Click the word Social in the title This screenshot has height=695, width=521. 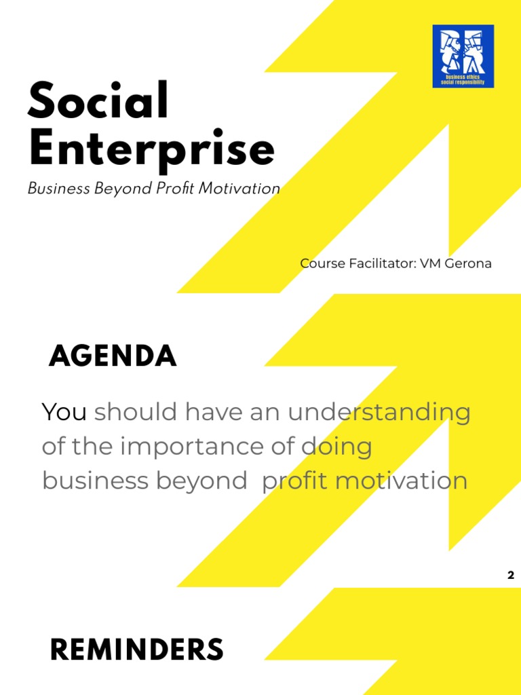coord(98,102)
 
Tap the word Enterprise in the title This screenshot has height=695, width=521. coord(151,150)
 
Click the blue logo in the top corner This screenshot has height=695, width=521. coord(463,56)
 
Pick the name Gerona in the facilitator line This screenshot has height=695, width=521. coord(467,263)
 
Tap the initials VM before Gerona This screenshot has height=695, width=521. coord(430,263)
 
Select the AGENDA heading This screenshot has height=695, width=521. coord(113,356)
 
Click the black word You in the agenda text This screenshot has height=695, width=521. coord(64,411)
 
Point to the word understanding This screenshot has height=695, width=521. coord(379,413)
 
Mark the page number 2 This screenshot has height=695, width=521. coord(510,576)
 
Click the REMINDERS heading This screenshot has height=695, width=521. coord(136,651)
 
